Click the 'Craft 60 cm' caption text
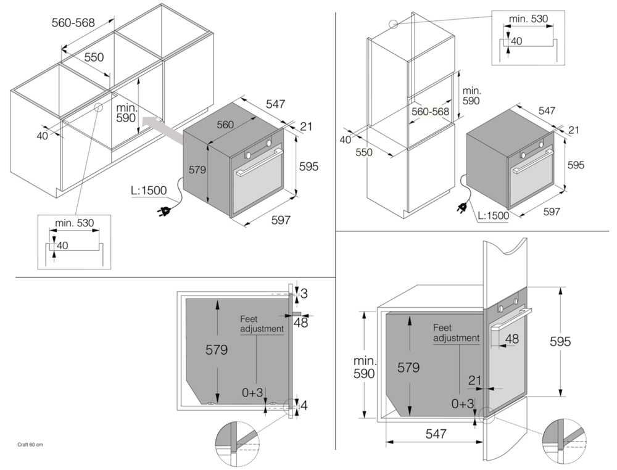point(31,444)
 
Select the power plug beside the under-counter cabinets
point(165,212)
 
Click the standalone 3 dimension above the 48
point(304,294)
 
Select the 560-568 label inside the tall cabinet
point(430,112)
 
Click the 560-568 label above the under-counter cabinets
point(73,23)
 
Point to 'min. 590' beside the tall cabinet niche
point(471,95)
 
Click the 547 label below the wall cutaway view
point(436,434)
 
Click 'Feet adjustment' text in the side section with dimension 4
point(262,324)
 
